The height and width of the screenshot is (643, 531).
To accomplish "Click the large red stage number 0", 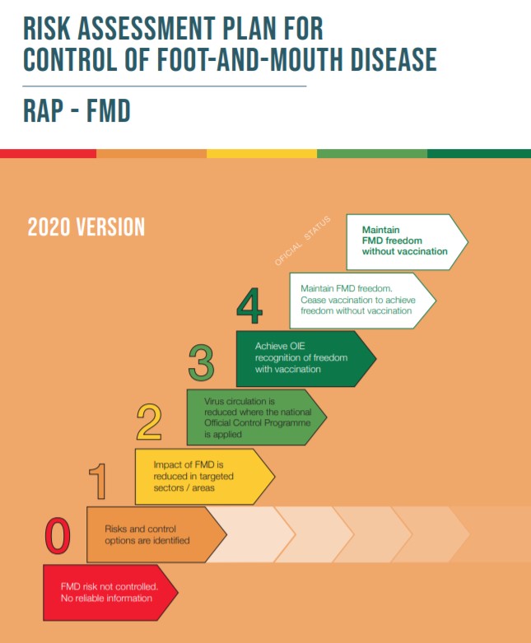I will (57, 536).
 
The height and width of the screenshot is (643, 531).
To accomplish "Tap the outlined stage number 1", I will (98, 482).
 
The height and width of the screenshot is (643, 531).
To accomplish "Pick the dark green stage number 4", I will (249, 306).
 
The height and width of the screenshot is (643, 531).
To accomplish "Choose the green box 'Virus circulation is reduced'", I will (255, 417).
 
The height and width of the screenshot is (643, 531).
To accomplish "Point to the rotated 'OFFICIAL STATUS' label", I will (303, 240).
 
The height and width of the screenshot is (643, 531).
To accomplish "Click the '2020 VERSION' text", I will (86, 227).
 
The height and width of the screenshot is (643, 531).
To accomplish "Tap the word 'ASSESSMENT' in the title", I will (156, 28).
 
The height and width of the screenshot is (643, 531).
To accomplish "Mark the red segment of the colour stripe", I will (48, 153).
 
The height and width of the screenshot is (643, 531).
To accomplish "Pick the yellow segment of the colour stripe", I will (261, 153).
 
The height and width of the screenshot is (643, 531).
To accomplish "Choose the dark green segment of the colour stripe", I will (478, 153).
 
